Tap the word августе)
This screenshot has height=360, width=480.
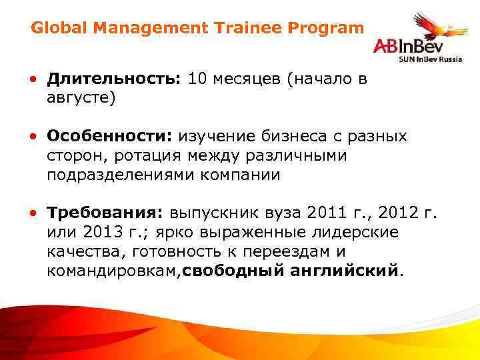point(81,98)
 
